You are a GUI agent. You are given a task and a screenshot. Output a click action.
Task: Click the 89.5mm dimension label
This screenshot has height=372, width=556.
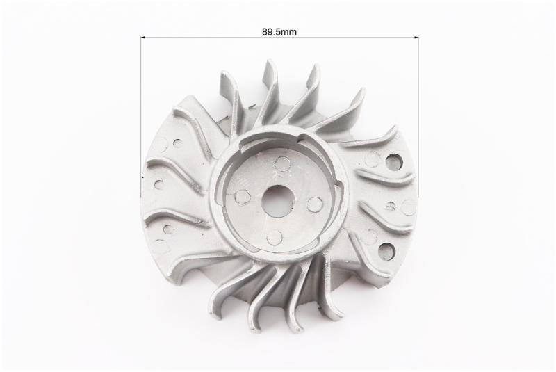pos(279,32)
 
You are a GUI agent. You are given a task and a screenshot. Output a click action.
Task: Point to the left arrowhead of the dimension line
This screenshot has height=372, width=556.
pos(143,37)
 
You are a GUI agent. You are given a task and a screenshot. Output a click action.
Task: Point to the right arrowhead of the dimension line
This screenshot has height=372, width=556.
pos(416,37)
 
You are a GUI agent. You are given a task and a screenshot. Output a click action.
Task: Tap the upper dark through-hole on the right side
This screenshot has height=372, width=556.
pos(394,161)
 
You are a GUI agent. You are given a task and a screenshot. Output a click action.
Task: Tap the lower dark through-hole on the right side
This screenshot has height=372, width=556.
pos(386,250)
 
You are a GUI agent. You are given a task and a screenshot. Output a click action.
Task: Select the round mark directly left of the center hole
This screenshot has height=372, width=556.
pos(242,197)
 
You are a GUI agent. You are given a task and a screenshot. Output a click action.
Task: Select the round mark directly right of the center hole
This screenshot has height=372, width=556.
pos(315,204)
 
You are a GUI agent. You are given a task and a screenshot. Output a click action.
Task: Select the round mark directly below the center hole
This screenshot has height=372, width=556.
pos(274,237)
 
